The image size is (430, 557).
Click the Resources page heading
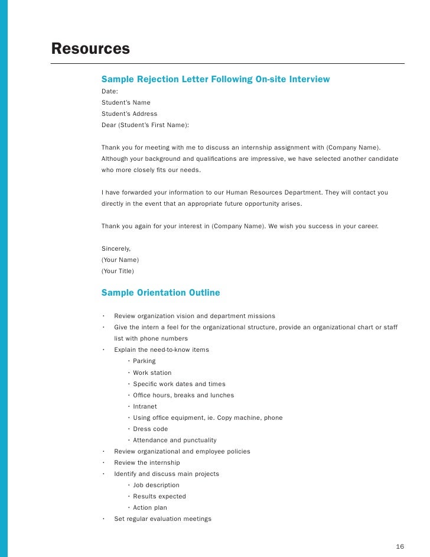pos(90,48)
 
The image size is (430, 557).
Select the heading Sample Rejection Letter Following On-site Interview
pos(216,79)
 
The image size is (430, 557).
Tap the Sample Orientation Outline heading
pos(161,293)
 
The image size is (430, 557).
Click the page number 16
pos(400,546)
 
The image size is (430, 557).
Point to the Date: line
pos(110,92)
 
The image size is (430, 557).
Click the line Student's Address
pos(129,114)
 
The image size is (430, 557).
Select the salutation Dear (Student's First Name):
pos(145,125)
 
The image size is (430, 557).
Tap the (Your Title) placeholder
pos(118,271)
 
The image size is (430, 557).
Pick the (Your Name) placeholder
pos(120,260)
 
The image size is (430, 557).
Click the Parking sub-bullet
pos(144,361)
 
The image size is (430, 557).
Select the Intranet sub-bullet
pos(145,406)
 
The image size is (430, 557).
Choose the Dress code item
pos(150,429)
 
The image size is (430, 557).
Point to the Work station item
pos(152,373)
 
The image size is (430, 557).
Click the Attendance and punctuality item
pos(174,440)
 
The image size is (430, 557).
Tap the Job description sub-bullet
pos(156,485)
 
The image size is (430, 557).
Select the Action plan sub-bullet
pos(149,507)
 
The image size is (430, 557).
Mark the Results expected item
pos(159,496)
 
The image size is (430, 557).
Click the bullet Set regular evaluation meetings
pos(162,519)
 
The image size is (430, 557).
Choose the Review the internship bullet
pos(146,462)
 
